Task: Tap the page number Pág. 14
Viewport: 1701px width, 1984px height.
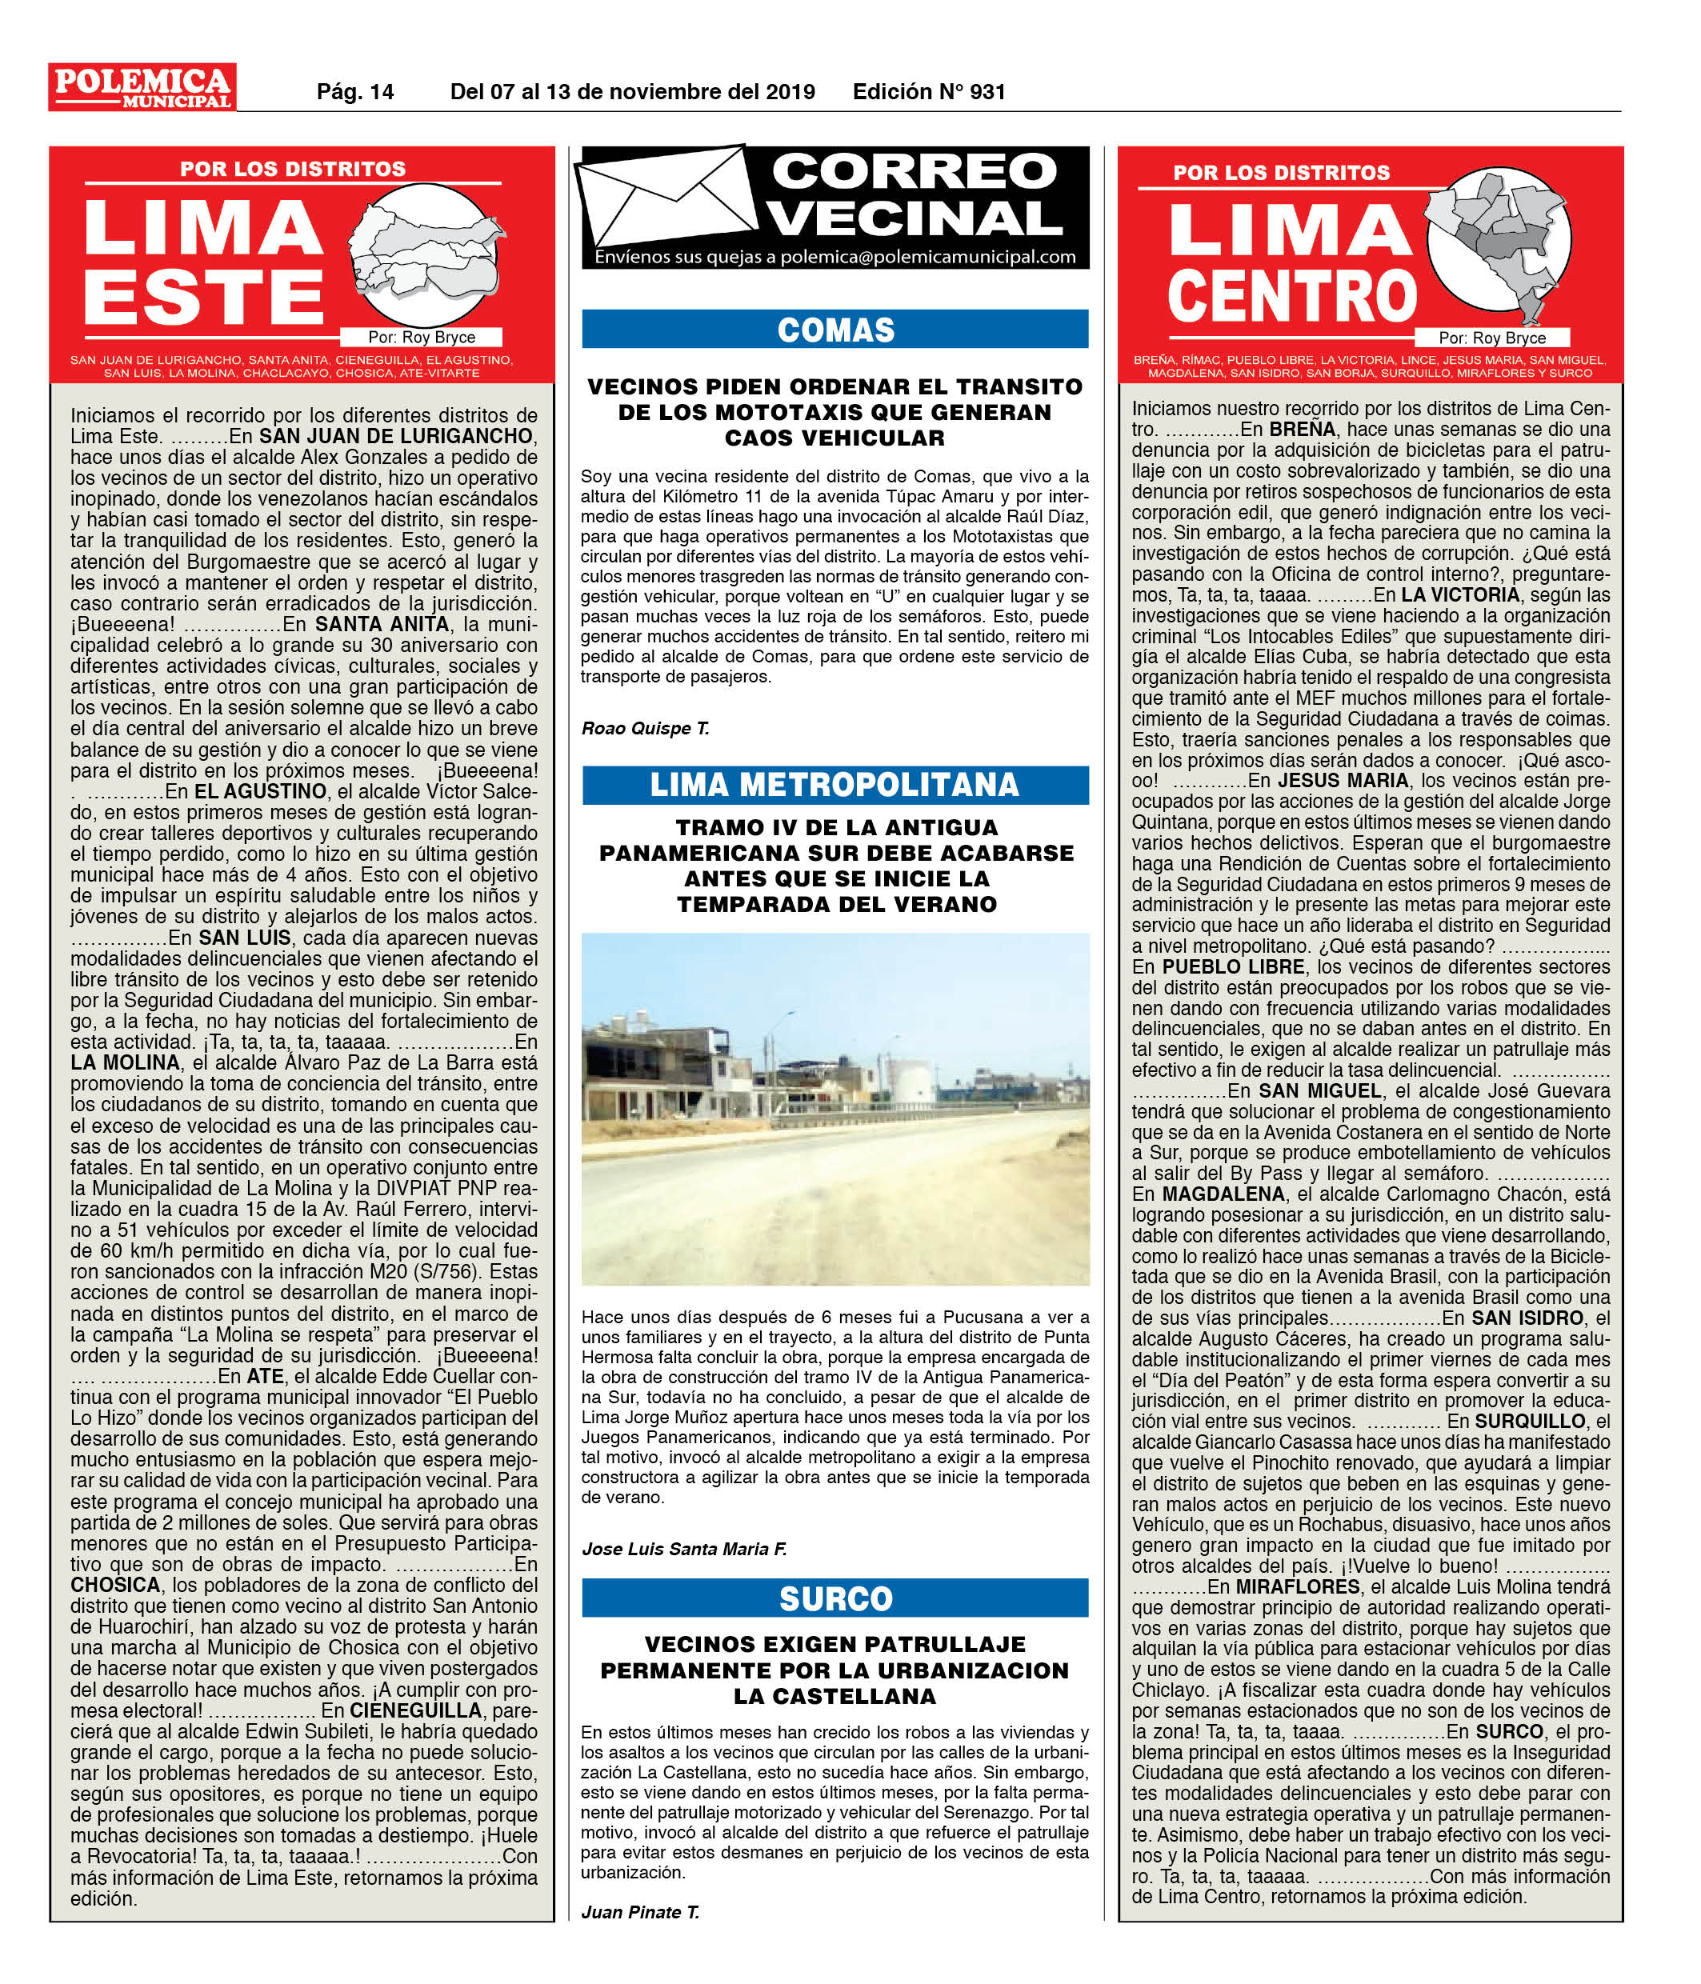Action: pyautogui.click(x=355, y=92)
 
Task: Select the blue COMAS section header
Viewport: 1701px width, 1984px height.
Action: pyautogui.click(x=835, y=330)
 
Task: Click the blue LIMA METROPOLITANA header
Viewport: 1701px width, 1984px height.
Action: pyautogui.click(x=835, y=784)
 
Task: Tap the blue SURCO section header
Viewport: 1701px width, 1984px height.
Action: pyautogui.click(x=835, y=1598)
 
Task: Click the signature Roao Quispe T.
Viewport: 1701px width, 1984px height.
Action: pyautogui.click(x=645, y=729)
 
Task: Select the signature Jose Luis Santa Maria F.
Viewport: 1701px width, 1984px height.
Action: pyautogui.click(x=684, y=1548)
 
